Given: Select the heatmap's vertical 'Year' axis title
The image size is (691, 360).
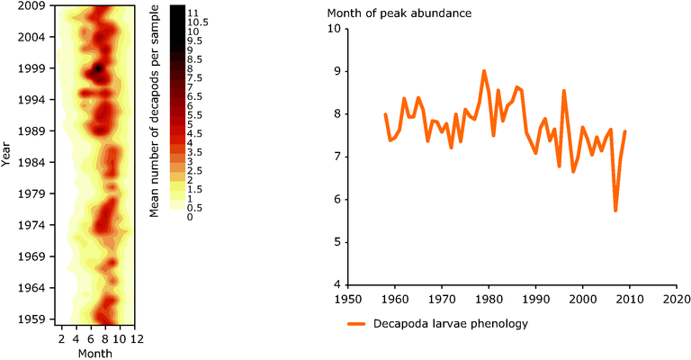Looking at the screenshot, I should click(x=6, y=162).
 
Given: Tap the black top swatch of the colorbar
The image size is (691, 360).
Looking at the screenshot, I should click(x=177, y=11).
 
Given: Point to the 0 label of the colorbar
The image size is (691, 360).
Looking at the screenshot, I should click(x=190, y=217).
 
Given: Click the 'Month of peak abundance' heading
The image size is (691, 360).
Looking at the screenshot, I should click(x=399, y=13).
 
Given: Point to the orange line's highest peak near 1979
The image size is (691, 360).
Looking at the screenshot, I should click(x=484, y=70).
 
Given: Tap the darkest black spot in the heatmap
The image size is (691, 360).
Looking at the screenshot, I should click(x=98, y=67).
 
